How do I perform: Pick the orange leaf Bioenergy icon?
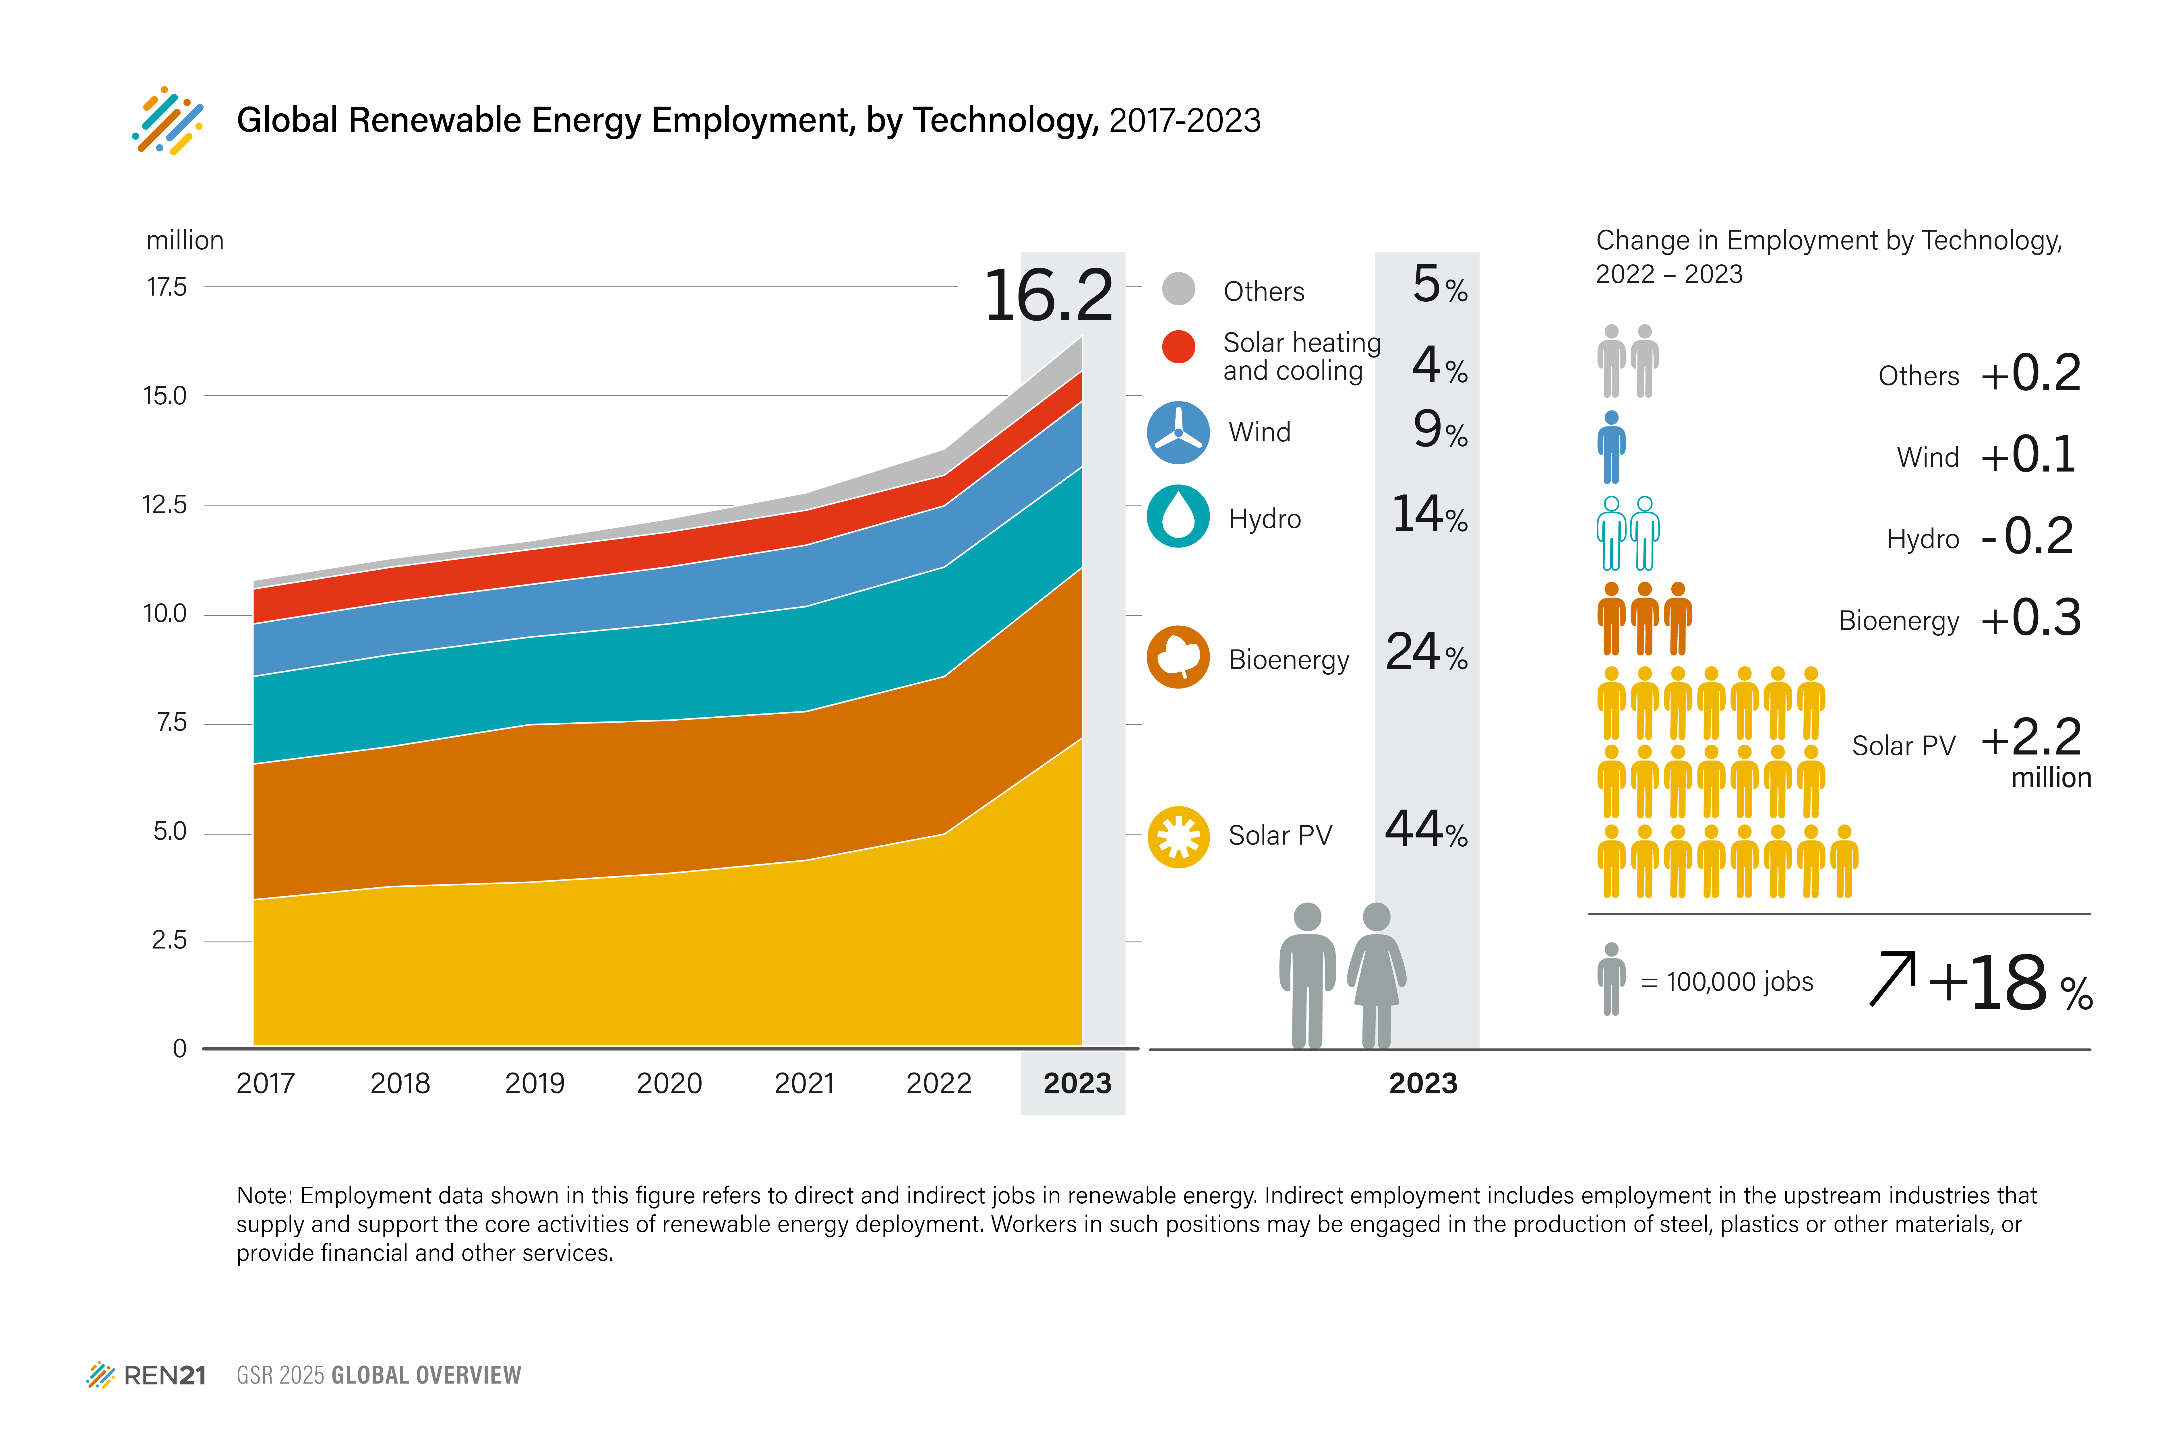1178,657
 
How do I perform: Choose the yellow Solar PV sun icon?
1178,836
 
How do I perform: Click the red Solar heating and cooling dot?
1178,347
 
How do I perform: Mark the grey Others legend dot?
1178,289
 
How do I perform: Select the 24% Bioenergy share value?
1426,652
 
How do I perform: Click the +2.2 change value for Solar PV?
2031,737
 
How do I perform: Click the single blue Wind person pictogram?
1611,448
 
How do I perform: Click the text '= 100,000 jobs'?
1726,982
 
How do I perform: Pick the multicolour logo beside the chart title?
168,120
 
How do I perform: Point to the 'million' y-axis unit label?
185,241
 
